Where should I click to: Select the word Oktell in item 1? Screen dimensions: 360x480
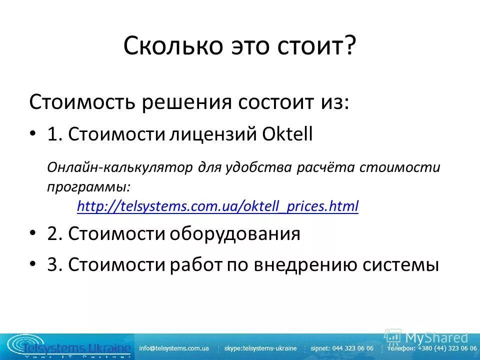tap(289, 134)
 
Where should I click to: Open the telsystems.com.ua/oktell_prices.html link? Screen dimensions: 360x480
tap(218, 206)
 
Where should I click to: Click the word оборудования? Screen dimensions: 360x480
tap(234, 233)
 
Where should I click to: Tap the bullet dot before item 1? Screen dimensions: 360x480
tap(33, 134)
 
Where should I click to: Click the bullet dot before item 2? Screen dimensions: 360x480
tap(33, 233)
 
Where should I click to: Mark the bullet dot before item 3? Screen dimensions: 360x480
tap(33, 264)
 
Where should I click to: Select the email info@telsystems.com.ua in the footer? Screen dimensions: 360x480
tap(174, 348)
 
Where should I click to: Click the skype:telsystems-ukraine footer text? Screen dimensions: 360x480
tap(260, 348)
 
